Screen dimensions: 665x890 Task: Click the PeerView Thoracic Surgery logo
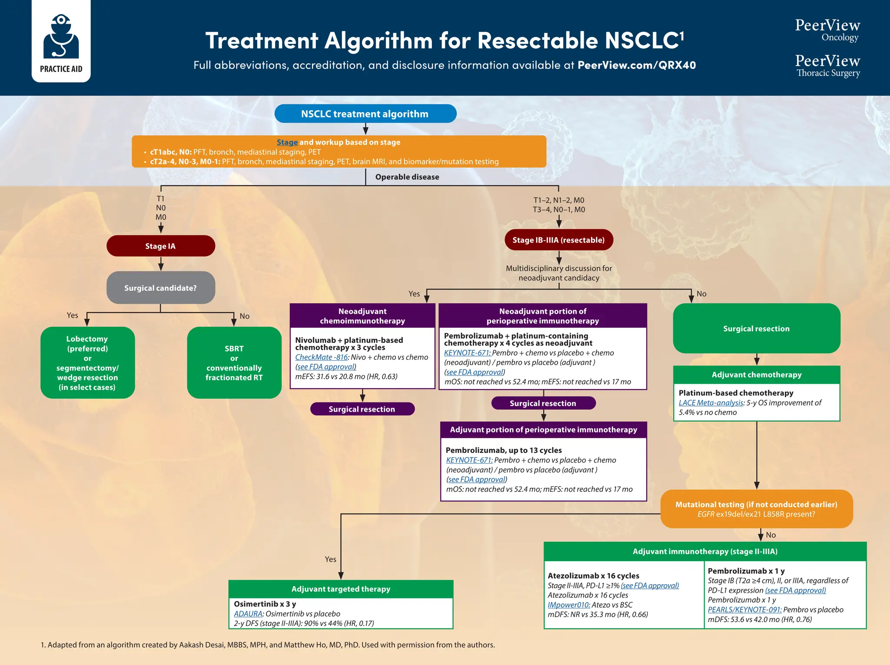click(x=827, y=66)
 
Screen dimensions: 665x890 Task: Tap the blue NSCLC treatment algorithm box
click(x=365, y=114)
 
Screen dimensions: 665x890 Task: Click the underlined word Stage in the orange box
click(x=287, y=142)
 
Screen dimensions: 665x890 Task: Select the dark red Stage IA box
click(x=160, y=246)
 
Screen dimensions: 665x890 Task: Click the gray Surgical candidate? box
click(x=160, y=288)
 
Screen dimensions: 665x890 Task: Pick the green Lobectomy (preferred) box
click(x=87, y=362)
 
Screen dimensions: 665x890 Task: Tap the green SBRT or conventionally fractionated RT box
click(x=234, y=362)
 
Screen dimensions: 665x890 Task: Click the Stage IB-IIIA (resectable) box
click(x=558, y=240)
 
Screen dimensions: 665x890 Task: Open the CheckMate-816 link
click(x=321, y=357)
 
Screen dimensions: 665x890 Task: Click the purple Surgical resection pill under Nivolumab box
click(x=362, y=409)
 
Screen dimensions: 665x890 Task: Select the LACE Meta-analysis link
click(x=711, y=403)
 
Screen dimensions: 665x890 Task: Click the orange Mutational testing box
click(x=756, y=509)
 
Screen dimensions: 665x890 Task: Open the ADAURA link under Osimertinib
click(x=248, y=614)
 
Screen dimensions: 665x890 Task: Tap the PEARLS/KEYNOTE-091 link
click(x=744, y=610)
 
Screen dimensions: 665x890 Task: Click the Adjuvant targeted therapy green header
click(x=341, y=589)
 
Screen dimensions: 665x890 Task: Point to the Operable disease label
click(x=407, y=177)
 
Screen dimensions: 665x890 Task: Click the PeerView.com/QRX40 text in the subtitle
click(x=636, y=65)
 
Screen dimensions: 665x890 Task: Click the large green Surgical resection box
click(x=756, y=329)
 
